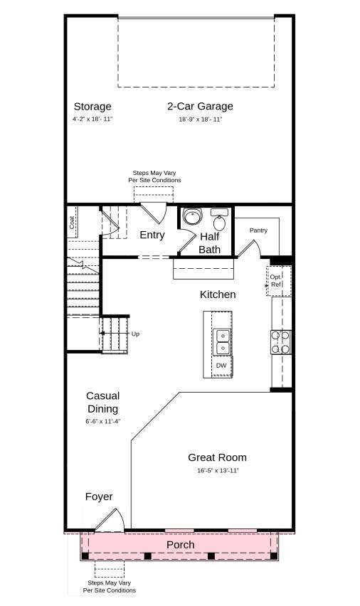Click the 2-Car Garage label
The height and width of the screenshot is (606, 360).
[200, 107]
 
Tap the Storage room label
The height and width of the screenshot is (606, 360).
[92, 107]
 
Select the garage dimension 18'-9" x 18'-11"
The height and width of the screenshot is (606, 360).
[200, 119]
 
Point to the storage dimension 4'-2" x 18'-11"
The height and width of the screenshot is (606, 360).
[92, 119]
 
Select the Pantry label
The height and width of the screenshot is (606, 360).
[258, 230]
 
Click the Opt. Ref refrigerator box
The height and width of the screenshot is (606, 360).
[276, 280]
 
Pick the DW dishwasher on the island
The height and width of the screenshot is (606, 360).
[221, 366]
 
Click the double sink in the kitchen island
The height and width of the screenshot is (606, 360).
[222, 341]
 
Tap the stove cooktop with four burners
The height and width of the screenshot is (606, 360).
[280, 342]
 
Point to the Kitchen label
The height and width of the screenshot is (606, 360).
[217, 294]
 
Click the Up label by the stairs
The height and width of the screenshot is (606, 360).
[135, 334]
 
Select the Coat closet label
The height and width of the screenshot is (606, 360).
[72, 223]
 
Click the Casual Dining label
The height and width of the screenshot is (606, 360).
[102, 402]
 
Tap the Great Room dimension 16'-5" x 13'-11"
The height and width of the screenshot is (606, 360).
[217, 471]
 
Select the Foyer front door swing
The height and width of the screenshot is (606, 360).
[111, 521]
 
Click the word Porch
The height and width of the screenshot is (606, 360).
[180, 545]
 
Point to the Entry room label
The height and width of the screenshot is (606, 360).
[152, 235]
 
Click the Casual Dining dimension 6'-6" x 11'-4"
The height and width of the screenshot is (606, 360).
[102, 421]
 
